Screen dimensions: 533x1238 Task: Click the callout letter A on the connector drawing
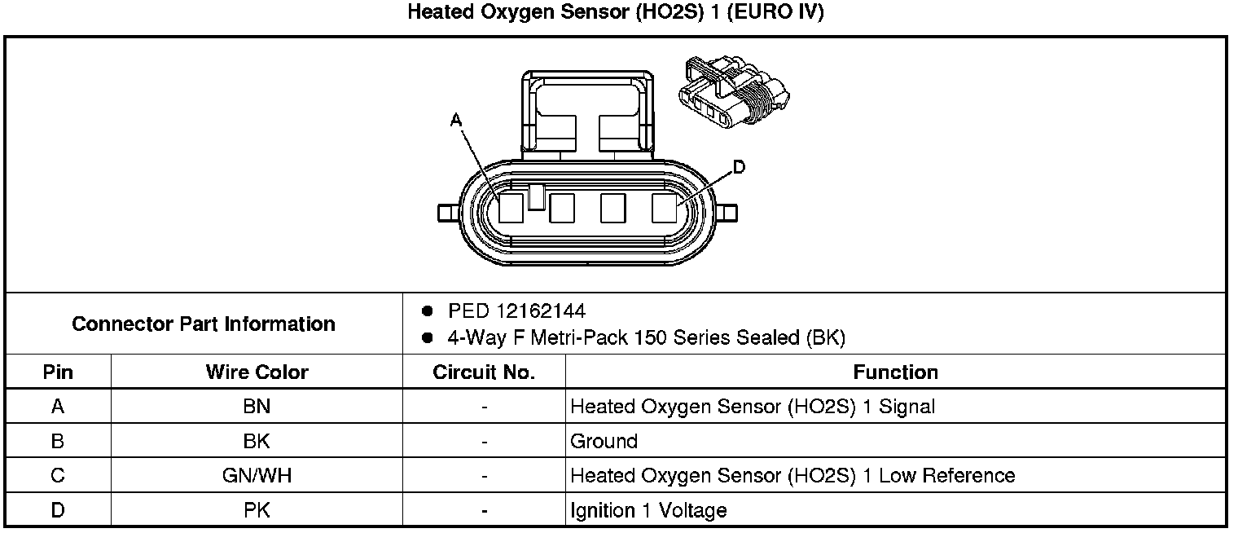(456, 121)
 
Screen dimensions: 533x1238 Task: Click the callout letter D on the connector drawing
(738, 168)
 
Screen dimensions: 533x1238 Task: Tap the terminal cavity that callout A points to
(511, 209)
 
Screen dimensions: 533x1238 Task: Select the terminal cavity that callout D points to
(665, 209)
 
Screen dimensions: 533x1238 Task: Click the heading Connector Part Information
(204, 324)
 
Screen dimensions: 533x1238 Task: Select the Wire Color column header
(257, 372)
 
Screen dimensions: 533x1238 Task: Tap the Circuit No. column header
(484, 372)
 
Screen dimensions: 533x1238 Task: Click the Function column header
(895, 372)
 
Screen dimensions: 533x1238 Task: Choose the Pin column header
(58, 372)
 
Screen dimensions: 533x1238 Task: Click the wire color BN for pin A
(257, 406)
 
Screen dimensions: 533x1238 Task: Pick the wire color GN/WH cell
(257, 475)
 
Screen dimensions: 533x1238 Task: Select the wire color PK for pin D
(257, 511)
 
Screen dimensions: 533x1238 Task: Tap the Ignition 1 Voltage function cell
(648, 511)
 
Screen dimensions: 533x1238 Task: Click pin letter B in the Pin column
(58, 441)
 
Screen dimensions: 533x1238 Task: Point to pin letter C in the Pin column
(58, 475)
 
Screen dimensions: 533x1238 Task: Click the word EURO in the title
(761, 13)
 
